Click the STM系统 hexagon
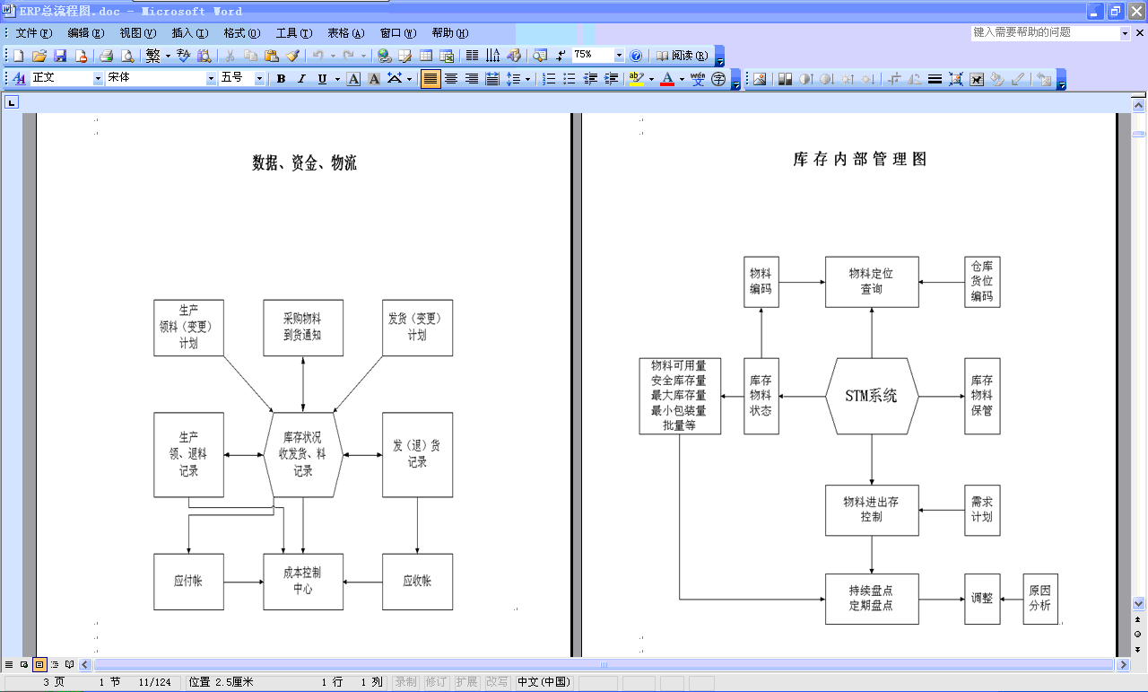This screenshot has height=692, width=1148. click(x=872, y=396)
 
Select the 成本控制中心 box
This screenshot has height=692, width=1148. click(x=303, y=581)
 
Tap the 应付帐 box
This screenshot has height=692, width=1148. click(x=188, y=581)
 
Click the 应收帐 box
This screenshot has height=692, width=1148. click(x=417, y=581)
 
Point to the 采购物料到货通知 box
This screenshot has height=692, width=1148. click(x=303, y=328)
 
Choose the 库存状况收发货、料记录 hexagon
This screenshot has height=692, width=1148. click(x=303, y=454)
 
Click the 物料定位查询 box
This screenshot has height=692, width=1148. click(x=872, y=282)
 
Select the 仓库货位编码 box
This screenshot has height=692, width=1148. click(x=982, y=282)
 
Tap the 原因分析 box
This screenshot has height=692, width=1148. click(x=1039, y=599)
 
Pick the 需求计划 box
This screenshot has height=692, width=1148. click(x=982, y=510)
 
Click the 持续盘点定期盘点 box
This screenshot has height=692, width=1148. click(x=872, y=599)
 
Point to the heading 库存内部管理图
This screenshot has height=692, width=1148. click(x=860, y=160)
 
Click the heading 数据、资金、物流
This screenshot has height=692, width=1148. click(x=304, y=163)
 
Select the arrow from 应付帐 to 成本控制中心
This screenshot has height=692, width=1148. click(x=243, y=582)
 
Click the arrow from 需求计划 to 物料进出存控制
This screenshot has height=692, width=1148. click(x=942, y=510)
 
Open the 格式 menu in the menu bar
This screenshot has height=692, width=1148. click(x=241, y=33)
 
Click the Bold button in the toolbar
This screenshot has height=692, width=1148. click(x=281, y=79)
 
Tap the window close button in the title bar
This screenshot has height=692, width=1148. click(x=1135, y=12)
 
